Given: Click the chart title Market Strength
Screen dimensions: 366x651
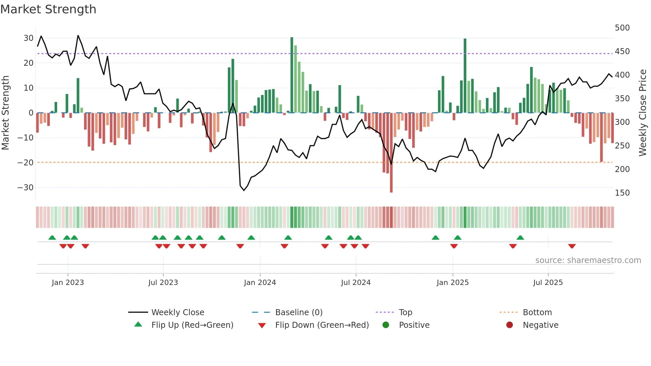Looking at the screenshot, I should pyautogui.click(x=48, y=9).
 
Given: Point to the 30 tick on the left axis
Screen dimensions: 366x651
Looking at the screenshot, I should pyautogui.click(x=29, y=38).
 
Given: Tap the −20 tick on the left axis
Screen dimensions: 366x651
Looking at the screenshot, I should pyautogui.click(x=26, y=163).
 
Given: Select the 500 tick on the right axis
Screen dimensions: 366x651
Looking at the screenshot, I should pyautogui.click(x=622, y=28).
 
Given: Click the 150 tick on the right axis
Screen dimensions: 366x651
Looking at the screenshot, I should pyautogui.click(x=622, y=193).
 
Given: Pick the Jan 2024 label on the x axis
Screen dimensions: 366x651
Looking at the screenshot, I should pyautogui.click(x=260, y=283).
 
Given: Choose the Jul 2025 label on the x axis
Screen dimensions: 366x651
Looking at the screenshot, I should pyautogui.click(x=548, y=283).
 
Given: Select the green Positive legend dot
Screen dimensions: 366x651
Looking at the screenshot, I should pyautogui.click(x=386, y=325).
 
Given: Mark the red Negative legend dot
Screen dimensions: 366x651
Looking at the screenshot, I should pyautogui.click(x=510, y=325).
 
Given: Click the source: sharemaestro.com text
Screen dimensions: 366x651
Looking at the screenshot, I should pyautogui.click(x=588, y=260).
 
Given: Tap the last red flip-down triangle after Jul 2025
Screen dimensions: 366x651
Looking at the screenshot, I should pyautogui.click(x=572, y=246).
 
